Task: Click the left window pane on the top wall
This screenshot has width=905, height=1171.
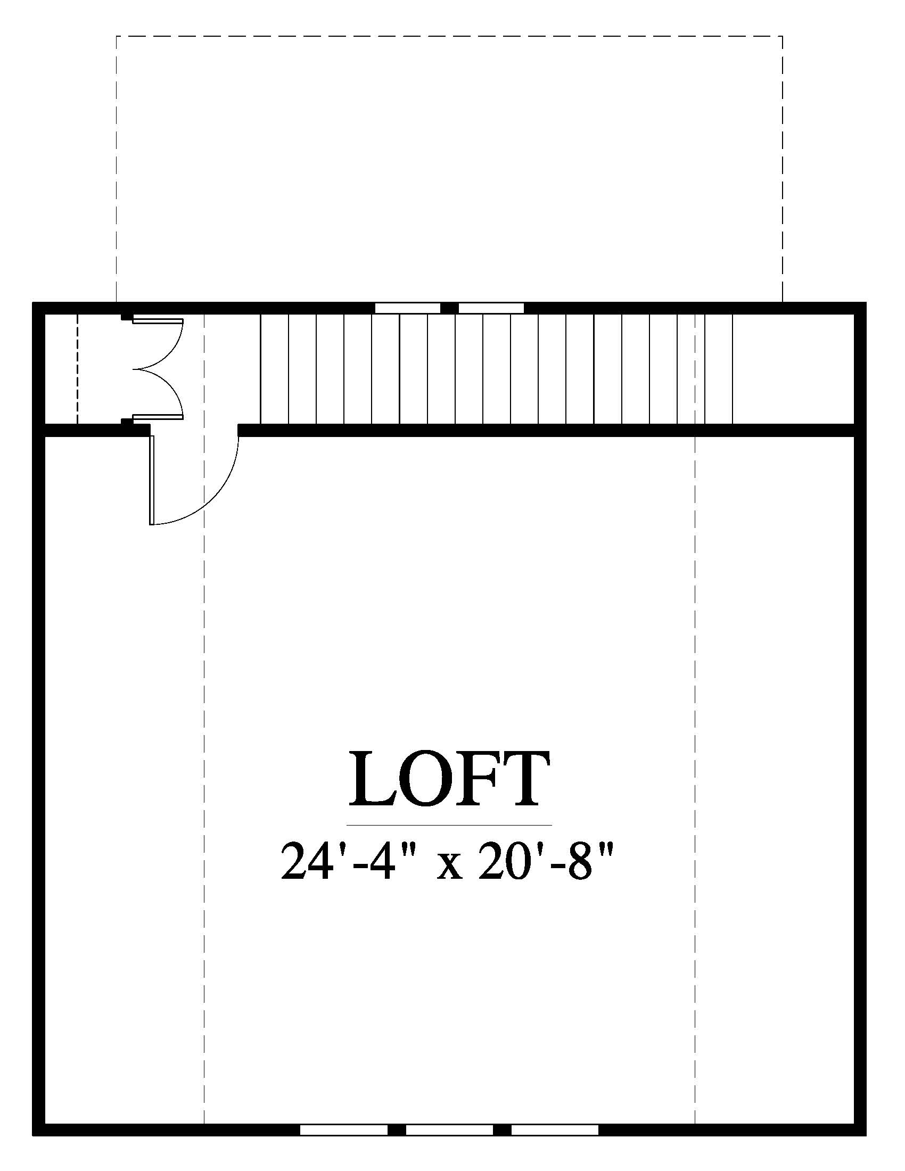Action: pyautogui.click(x=407, y=308)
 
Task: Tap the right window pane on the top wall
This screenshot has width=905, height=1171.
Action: pyautogui.click(x=491, y=308)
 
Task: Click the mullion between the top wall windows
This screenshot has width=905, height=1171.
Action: pyautogui.click(x=449, y=308)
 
